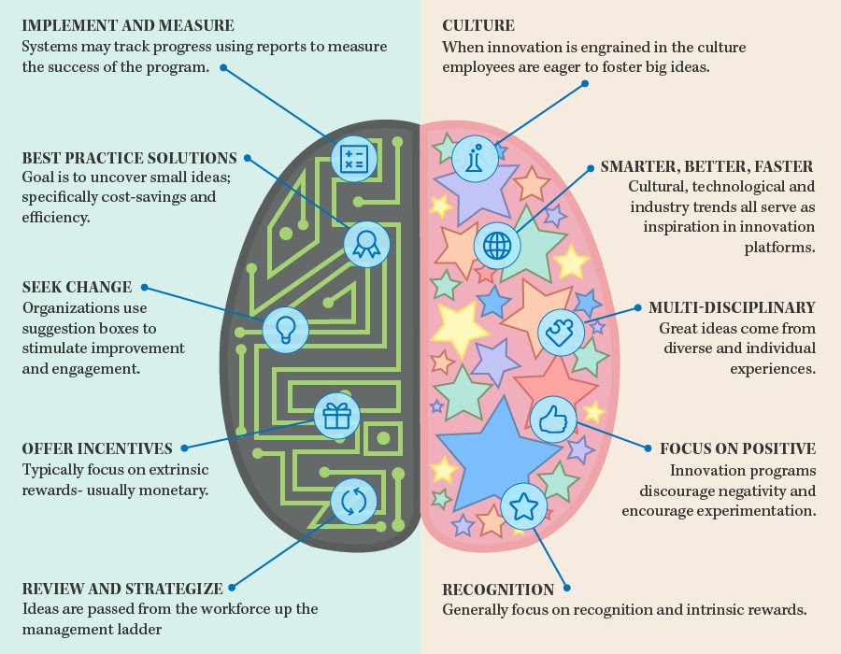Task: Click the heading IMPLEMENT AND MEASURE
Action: point(128,25)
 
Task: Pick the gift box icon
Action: point(335,417)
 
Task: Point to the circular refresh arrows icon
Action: point(353,502)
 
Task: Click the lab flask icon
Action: point(474,156)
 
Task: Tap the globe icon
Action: point(497,245)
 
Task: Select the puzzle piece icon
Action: point(561,330)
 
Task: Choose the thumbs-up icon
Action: point(552,418)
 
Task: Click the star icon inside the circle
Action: point(523,505)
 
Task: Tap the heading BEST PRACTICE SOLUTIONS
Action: point(129,158)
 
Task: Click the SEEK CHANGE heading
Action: point(77,287)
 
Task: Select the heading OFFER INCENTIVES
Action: point(97,448)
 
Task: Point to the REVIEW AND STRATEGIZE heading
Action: point(122,589)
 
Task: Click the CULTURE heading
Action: point(478,25)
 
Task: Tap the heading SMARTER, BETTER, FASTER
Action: point(707,166)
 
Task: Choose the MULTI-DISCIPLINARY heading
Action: point(732,307)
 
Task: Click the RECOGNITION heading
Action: point(498,590)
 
